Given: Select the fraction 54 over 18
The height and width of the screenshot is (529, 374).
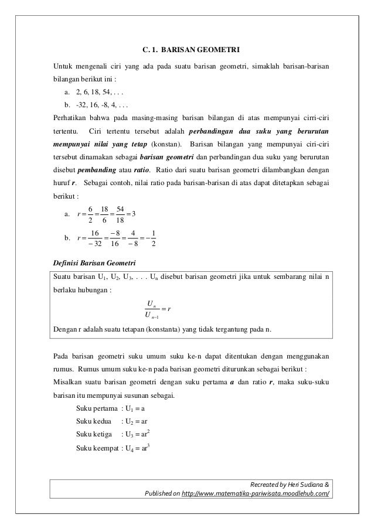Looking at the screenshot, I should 120,214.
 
